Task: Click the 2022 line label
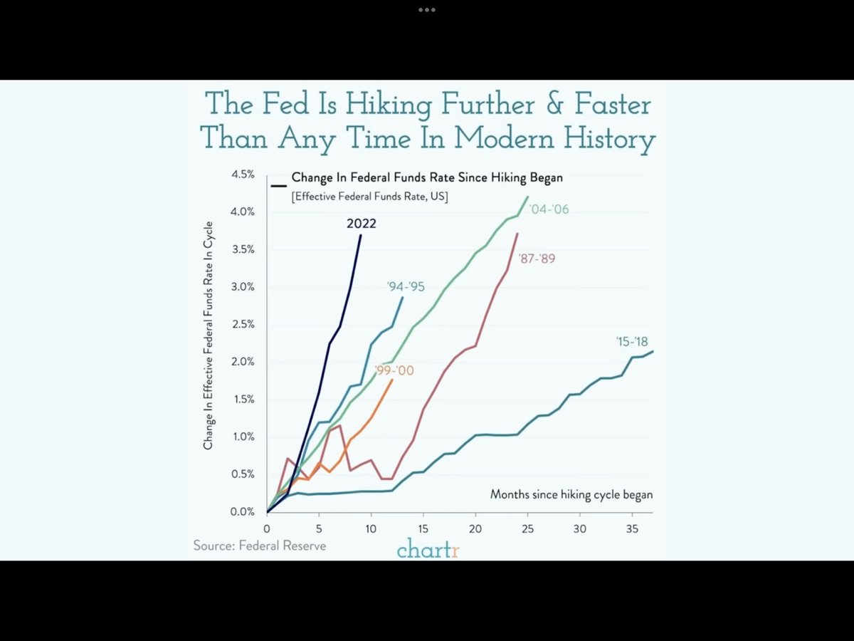pyautogui.click(x=362, y=224)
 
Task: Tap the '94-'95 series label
pyautogui.click(x=405, y=286)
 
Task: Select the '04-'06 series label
pyautogui.click(x=549, y=209)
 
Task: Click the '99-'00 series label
pyautogui.click(x=394, y=371)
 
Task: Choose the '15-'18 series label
pyautogui.click(x=632, y=341)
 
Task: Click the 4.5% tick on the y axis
pyautogui.click(x=241, y=174)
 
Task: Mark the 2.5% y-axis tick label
pyautogui.click(x=241, y=324)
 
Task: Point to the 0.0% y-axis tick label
pyautogui.click(x=241, y=511)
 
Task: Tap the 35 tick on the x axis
pyautogui.click(x=631, y=529)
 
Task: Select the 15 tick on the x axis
pyautogui.click(x=423, y=529)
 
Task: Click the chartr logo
pyautogui.click(x=428, y=550)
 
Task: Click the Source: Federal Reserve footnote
pyautogui.click(x=260, y=546)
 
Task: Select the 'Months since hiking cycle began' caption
pyautogui.click(x=571, y=494)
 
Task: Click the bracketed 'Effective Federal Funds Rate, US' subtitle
pyautogui.click(x=369, y=196)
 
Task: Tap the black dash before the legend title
pyautogui.click(x=278, y=185)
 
